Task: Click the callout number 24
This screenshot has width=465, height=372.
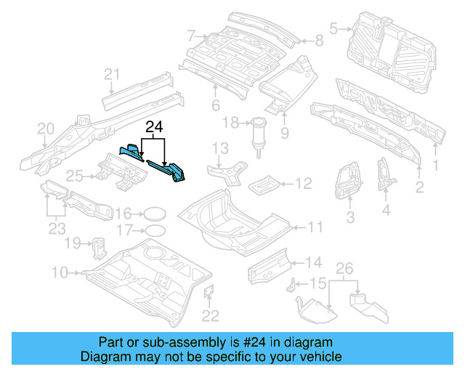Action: coord(153,127)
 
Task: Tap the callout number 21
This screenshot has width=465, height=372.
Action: coord(111,74)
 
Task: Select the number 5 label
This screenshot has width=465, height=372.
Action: coord(333,29)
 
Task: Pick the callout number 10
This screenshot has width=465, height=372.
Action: coord(60,272)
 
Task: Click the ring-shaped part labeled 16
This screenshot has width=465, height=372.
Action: coord(153,214)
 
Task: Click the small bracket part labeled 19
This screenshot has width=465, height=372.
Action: coord(97,247)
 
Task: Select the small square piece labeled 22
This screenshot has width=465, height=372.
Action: coord(207,291)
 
